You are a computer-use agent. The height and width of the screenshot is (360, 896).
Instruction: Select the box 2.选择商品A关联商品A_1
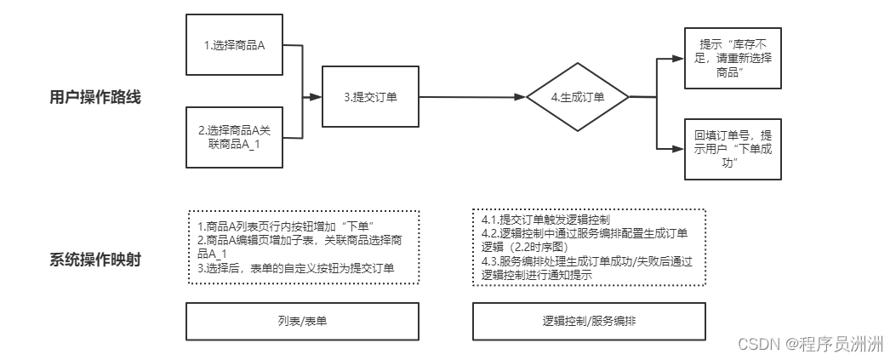(x=233, y=137)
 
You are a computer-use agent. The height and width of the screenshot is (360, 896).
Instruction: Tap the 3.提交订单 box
(x=371, y=97)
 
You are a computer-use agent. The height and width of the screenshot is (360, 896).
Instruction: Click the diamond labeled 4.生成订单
(x=577, y=97)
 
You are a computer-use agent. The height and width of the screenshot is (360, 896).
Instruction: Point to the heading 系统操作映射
(x=94, y=259)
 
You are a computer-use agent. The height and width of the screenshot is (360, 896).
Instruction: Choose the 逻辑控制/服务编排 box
(x=589, y=322)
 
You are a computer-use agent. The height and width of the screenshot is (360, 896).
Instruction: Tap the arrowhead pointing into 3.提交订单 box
(x=316, y=97)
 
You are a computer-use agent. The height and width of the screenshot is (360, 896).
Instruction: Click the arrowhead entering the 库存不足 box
(x=678, y=59)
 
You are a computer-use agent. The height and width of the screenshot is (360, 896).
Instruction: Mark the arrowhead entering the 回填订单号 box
(x=678, y=149)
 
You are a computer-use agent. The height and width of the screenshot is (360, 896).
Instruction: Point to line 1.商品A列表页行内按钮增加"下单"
(x=286, y=226)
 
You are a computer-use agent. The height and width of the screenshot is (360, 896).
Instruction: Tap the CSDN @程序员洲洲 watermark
(x=808, y=344)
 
